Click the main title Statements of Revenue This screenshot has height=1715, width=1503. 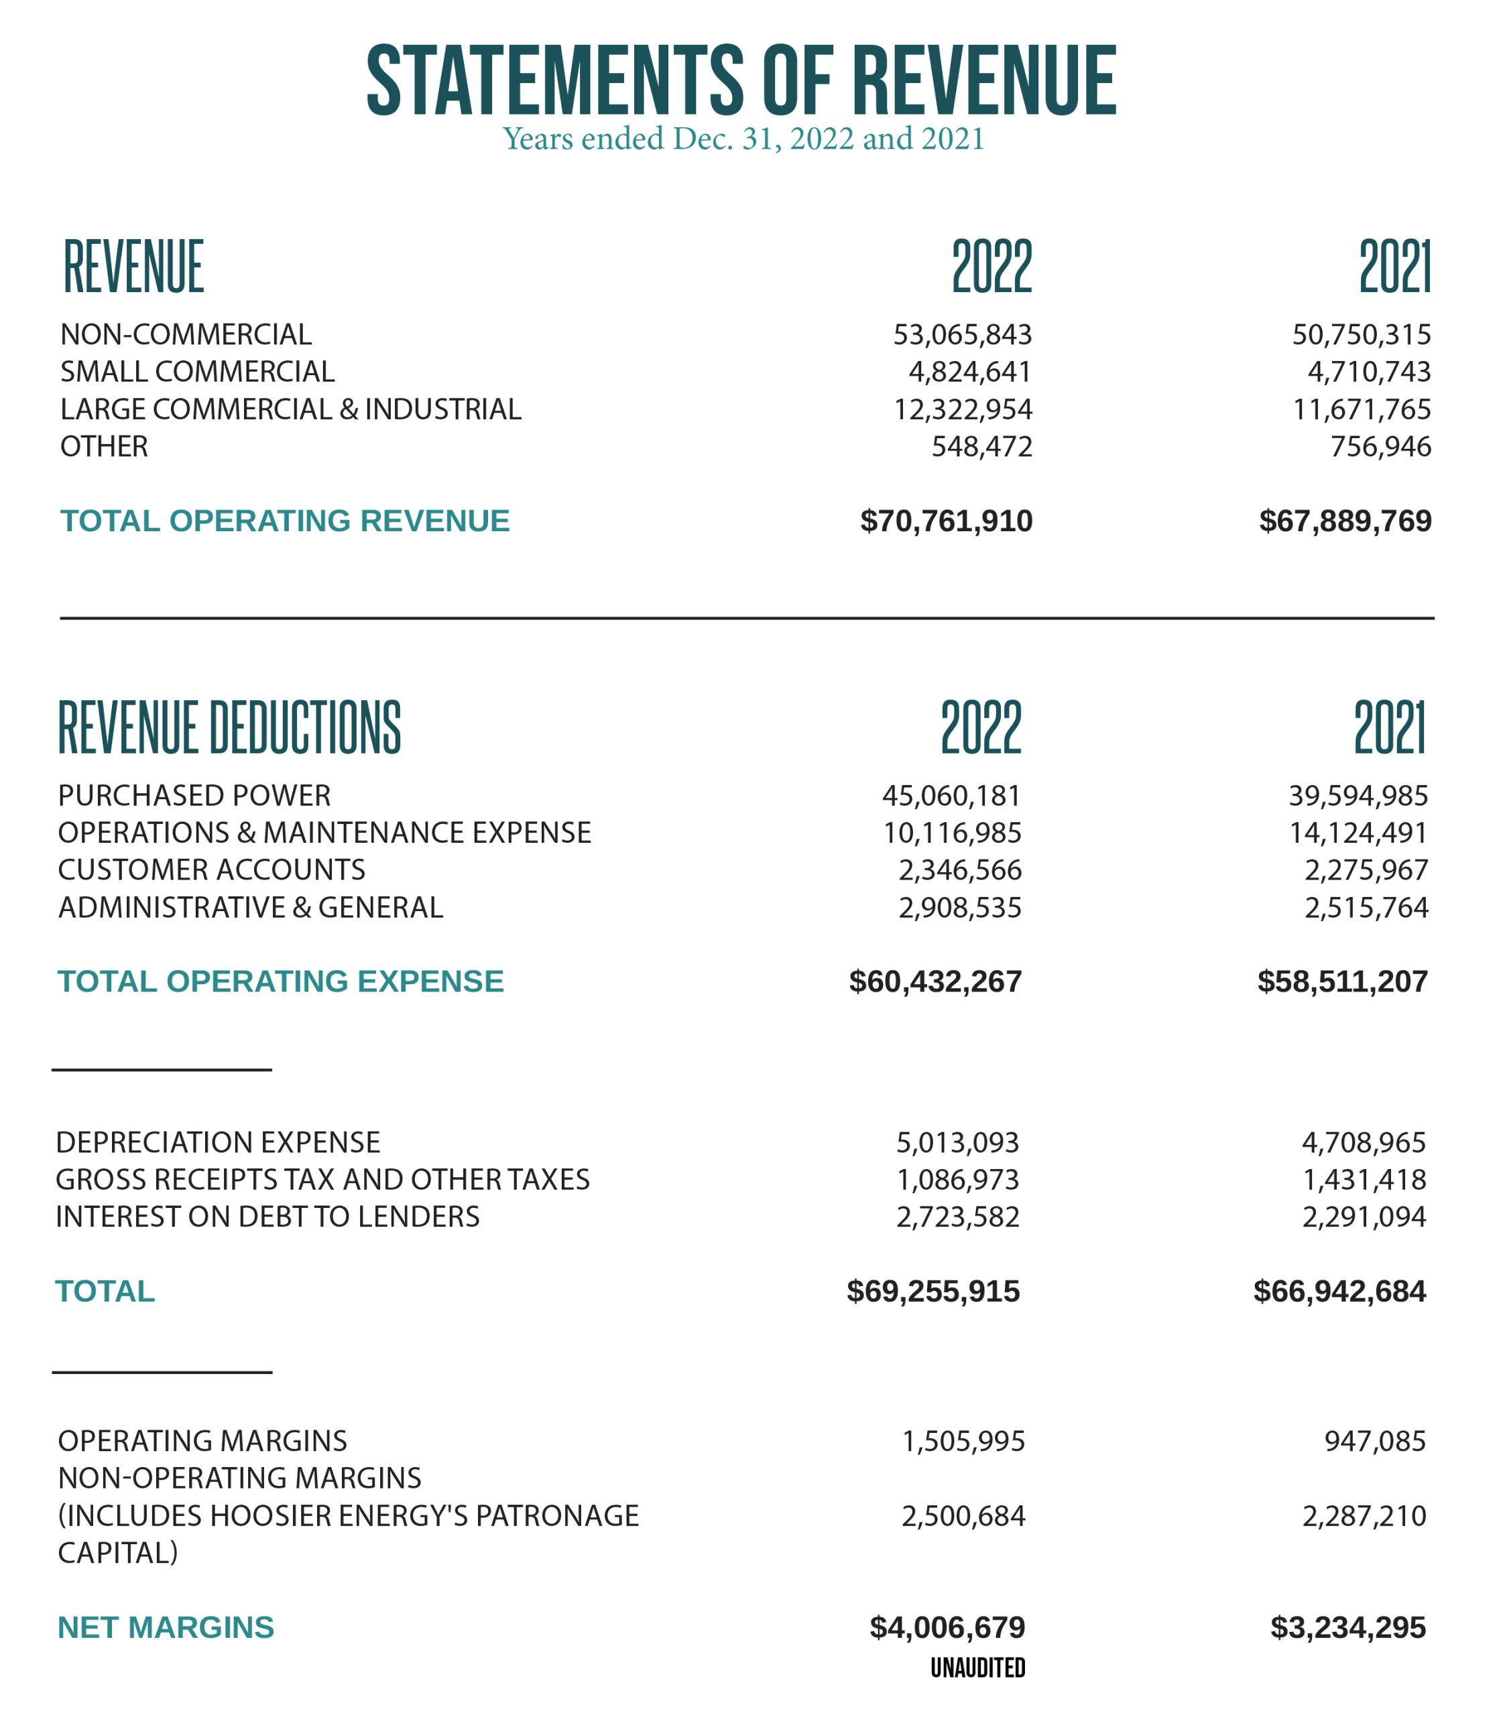(x=741, y=80)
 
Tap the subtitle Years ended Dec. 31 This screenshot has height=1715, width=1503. (x=743, y=138)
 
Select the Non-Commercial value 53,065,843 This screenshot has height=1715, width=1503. (x=962, y=334)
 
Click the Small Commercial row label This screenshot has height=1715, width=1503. (x=197, y=371)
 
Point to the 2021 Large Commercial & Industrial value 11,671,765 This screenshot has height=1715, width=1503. (x=1362, y=409)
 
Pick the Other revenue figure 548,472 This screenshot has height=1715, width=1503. (x=981, y=446)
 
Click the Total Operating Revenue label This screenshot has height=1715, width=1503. (x=285, y=521)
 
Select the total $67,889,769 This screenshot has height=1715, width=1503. (x=1345, y=521)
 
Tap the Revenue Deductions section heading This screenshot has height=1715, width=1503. (x=229, y=727)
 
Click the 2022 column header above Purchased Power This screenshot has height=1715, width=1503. (x=981, y=727)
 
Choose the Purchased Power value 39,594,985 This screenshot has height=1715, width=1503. (x=1358, y=795)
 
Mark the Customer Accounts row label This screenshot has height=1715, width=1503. (x=211, y=870)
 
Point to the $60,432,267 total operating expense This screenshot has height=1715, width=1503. (x=935, y=981)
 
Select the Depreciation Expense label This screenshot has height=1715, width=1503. (x=218, y=1142)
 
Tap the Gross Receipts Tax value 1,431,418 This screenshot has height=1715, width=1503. (x=1364, y=1179)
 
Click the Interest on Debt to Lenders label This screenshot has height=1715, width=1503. (x=267, y=1217)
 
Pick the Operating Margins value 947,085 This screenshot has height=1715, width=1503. (x=1375, y=1441)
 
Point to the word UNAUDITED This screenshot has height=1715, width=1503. (x=978, y=1668)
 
